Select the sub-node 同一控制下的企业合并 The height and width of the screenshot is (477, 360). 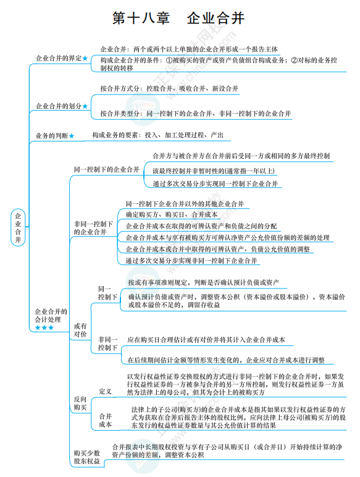[106, 169]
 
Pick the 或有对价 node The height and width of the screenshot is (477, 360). [80, 330]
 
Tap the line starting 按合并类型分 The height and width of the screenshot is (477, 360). [195, 114]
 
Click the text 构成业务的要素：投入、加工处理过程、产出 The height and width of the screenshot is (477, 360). [157, 135]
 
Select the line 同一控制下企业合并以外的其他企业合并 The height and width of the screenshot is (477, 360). [184, 203]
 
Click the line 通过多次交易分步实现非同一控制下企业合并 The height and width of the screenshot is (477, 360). [191, 261]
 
